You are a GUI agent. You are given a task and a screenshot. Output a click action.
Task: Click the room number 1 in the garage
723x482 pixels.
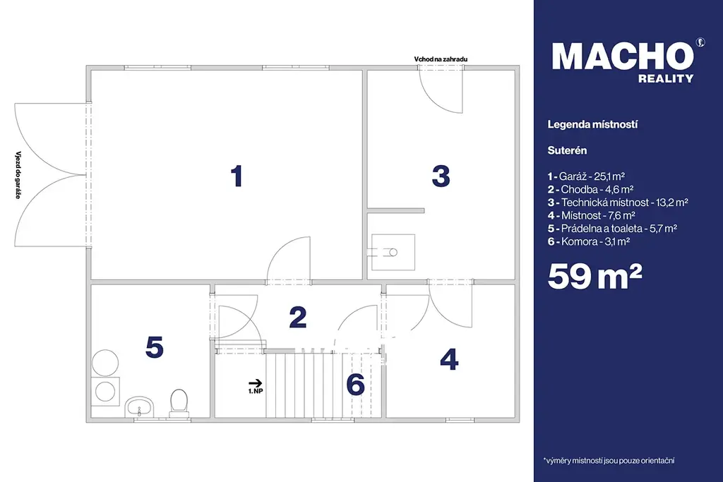(237, 176)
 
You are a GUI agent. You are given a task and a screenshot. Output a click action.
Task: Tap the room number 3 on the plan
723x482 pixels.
(441, 176)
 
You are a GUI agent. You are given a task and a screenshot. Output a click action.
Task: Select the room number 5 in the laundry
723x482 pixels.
(155, 347)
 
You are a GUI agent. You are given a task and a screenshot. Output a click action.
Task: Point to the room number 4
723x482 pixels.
(449, 359)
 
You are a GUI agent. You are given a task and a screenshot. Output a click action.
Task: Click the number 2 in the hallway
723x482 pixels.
(298, 317)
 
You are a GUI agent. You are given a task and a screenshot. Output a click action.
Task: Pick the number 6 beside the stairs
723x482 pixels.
(356, 384)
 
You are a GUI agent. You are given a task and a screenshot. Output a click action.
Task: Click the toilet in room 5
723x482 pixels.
(179, 402)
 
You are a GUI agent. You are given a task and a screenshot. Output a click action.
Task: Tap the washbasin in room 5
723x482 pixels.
(139, 406)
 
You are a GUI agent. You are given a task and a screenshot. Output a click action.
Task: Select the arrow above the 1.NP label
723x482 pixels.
(256, 383)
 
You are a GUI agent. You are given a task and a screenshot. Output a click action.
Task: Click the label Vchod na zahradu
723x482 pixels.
(441, 59)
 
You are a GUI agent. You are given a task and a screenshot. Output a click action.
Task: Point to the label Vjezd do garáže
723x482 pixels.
(18, 174)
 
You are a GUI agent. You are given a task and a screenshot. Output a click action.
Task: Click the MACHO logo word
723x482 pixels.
(623, 56)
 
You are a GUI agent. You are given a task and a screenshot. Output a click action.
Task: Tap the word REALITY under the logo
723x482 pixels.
(666, 79)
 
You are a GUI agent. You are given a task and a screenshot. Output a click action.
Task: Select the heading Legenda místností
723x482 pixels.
(592, 124)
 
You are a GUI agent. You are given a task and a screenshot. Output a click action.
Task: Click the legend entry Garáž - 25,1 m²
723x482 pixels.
(586, 176)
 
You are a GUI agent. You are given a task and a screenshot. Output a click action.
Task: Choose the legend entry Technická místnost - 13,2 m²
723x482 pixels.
(618, 203)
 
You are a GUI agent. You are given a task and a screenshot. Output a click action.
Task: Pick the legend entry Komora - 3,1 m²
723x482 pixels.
(589, 241)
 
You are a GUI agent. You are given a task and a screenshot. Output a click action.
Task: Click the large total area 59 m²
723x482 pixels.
(594, 277)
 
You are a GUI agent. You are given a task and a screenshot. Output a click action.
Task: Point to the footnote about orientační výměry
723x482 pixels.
(609, 460)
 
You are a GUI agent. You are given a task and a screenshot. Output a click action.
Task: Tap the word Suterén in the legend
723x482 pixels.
(567, 150)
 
